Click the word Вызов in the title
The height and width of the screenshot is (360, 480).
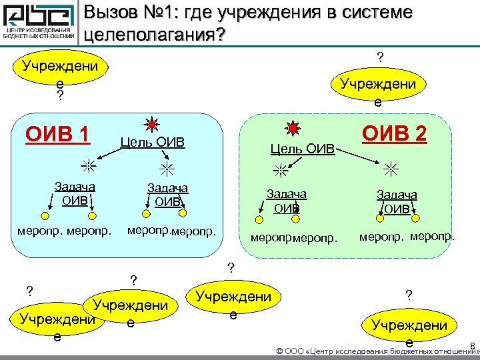tap(115, 13)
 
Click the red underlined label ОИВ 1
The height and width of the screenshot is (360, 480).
tap(58, 134)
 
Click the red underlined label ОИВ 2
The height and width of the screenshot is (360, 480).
tap(393, 134)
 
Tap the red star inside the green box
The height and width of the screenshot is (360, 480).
tap(292, 127)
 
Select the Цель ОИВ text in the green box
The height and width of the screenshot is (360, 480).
tap(302, 148)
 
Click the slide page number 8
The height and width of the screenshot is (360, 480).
tap(472, 345)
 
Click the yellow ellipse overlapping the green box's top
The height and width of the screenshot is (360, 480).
tap(378, 90)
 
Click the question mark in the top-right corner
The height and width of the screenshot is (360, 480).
tap(380, 58)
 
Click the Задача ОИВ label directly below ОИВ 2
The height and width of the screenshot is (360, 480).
tap(397, 201)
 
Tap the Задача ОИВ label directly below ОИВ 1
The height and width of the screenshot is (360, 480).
tap(74, 193)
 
